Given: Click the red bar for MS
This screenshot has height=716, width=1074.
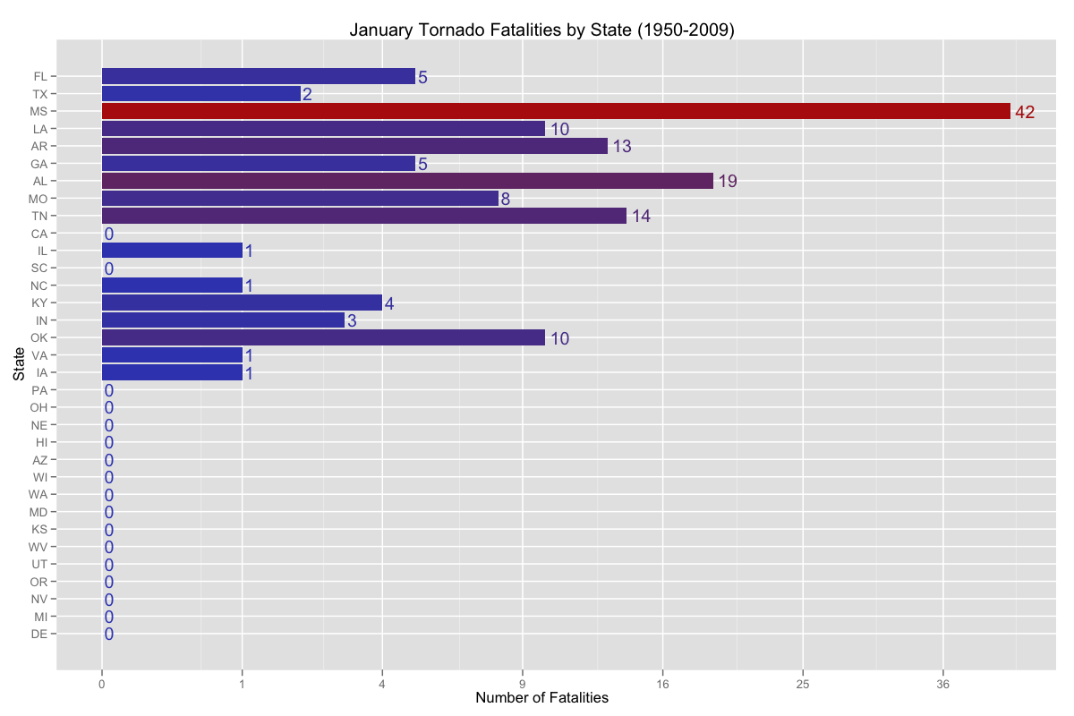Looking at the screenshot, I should click(555, 111).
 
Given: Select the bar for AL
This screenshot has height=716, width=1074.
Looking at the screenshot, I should click(407, 181).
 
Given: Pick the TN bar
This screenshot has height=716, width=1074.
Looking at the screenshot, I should click(363, 216).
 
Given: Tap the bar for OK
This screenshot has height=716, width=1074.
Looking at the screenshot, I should click(323, 337).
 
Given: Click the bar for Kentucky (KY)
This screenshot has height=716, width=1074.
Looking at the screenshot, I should click(242, 303).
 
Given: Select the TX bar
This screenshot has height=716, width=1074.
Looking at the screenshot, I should click(200, 94).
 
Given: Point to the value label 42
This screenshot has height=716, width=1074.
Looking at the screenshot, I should click(1025, 112).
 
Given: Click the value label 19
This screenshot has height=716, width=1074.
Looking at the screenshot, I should click(728, 182).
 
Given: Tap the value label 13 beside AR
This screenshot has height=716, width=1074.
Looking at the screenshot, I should click(622, 147).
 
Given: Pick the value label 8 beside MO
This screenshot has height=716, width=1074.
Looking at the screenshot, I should click(506, 199).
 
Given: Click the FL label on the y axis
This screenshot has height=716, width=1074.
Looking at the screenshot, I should click(40, 77).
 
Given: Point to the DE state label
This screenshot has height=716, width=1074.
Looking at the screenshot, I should click(39, 634).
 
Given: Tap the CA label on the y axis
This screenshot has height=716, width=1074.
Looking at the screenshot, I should click(40, 234).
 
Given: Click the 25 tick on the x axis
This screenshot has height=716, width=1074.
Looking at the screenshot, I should click(803, 684).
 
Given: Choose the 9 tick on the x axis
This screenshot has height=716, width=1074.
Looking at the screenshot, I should click(523, 684).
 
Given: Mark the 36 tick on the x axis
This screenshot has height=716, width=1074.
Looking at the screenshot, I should click(942, 684).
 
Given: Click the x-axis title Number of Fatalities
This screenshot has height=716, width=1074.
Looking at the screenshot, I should click(541, 698).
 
